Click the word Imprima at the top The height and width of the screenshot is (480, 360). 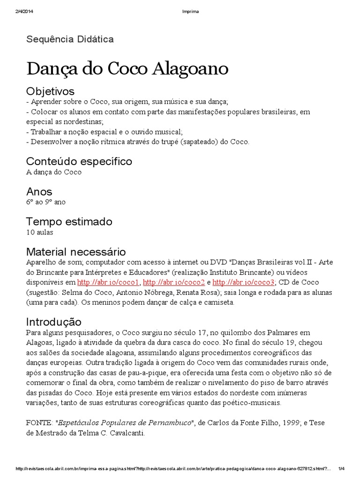[191, 11]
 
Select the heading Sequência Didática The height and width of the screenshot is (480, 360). [70, 39]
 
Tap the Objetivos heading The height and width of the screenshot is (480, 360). [50, 91]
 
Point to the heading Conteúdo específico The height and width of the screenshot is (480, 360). [79, 161]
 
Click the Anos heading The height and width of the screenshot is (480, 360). [39, 192]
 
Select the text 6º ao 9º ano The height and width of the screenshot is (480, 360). [46, 202]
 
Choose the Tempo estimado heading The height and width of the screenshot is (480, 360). [69, 221]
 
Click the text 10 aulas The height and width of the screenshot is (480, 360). [40, 232]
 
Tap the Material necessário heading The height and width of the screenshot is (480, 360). [76, 252]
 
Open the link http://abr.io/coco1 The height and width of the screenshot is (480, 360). [108, 282]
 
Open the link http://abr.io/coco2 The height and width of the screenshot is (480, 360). [173, 282]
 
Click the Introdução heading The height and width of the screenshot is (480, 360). [54, 322]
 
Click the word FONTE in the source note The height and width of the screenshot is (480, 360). [39, 423]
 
